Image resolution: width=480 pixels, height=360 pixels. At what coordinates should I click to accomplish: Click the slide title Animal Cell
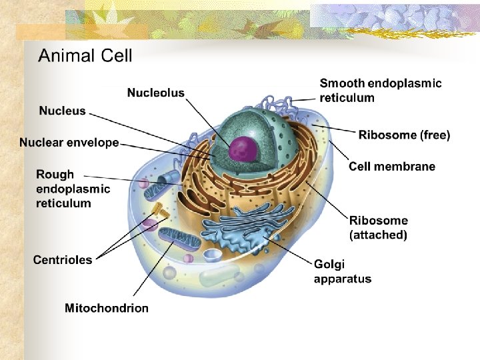coord(85,55)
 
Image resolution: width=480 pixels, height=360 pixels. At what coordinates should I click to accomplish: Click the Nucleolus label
coord(156,93)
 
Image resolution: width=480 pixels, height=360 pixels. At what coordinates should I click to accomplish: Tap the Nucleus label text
coord(62,111)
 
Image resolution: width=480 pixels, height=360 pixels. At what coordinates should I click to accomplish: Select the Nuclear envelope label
coord(69,142)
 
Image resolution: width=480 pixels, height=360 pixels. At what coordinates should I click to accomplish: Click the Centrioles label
coord(63,259)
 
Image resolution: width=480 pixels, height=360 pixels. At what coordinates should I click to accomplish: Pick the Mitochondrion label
coord(107,307)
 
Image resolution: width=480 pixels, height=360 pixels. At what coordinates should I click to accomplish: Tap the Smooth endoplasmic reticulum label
coord(381,91)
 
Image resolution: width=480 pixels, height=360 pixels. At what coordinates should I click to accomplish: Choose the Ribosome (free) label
coord(404,135)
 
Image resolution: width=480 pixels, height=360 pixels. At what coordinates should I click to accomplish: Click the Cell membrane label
coord(392,166)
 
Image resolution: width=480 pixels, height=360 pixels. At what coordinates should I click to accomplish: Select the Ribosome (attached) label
coord(379,227)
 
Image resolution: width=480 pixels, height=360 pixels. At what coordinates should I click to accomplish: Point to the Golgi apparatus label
coord(343,271)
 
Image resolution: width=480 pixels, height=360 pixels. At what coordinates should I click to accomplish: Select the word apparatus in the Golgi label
coord(343,279)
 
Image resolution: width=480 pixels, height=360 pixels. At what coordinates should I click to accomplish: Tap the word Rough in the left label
coord(55,174)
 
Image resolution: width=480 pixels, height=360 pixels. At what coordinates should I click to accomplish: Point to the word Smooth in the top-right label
coord(342,83)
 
